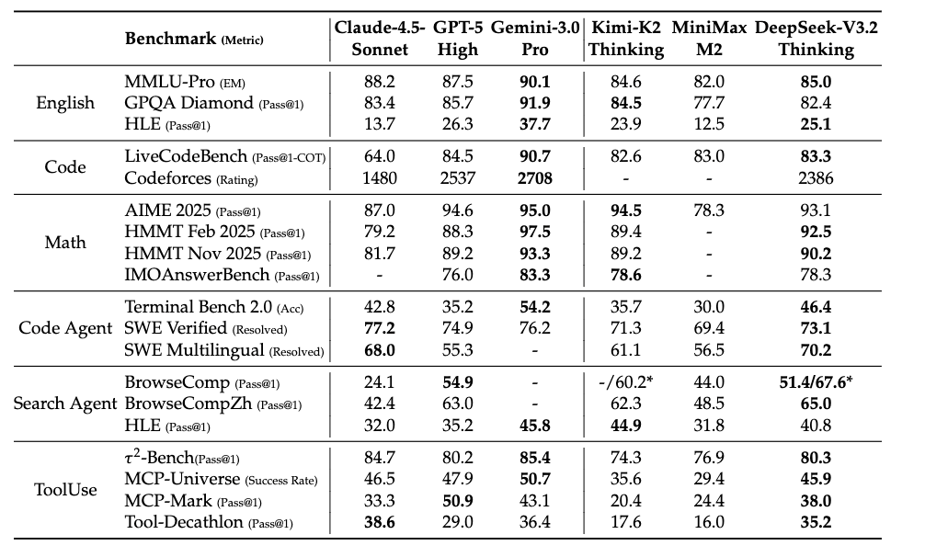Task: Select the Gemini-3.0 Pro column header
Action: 534,39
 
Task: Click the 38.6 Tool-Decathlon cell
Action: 380,523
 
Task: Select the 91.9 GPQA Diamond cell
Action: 534,103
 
